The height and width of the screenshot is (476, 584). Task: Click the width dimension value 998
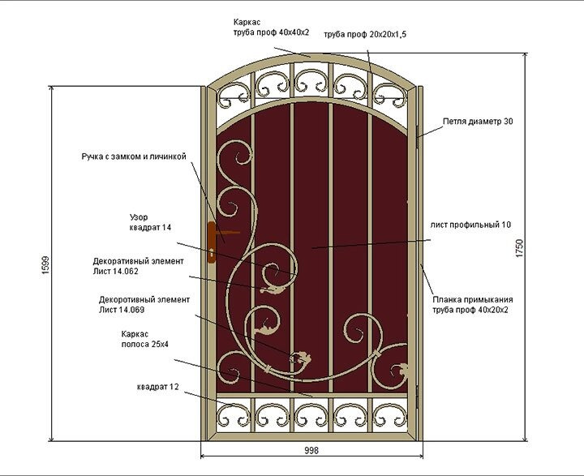(x=311, y=451)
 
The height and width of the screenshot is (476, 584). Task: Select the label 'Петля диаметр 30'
(x=479, y=122)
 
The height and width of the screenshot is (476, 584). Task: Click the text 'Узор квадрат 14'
(x=151, y=223)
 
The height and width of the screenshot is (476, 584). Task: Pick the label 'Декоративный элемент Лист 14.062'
(x=138, y=267)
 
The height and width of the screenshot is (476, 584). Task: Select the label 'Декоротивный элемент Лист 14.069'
(x=144, y=304)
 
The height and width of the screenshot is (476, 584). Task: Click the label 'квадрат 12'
(x=157, y=387)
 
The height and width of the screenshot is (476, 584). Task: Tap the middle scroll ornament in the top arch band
(x=311, y=80)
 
